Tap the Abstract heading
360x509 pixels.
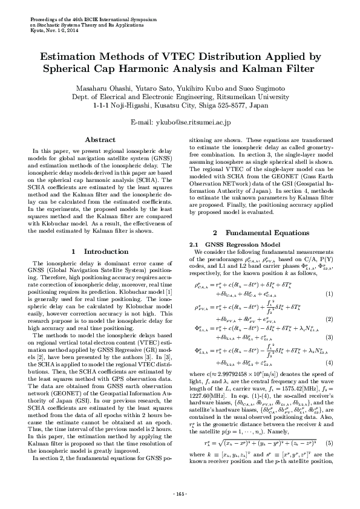(x=100, y=140)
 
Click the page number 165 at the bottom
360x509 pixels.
(x=180, y=494)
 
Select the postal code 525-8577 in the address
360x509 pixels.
(x=232, y=104)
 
